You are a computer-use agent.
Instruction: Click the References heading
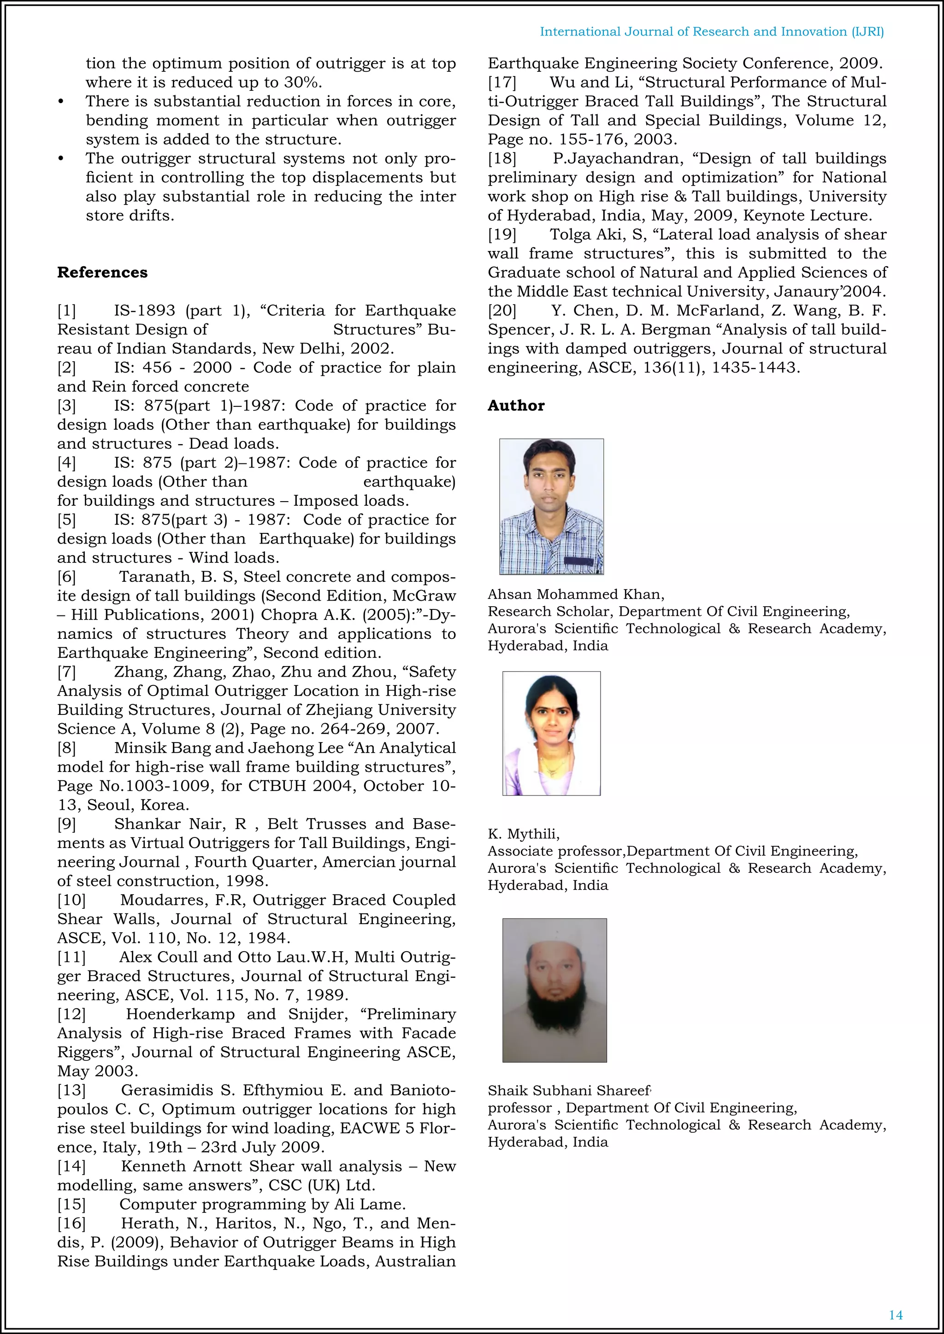(102, 273)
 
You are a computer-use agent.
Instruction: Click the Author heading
(516, 405)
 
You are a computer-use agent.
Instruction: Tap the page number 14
(896, 1315)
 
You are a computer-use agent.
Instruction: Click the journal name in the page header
(712, 32)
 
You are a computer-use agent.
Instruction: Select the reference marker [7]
(66, 672)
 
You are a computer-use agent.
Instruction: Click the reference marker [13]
(71, 1091)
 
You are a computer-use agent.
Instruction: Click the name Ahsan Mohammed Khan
(575, 594)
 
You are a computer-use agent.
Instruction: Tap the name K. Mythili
(523, 834)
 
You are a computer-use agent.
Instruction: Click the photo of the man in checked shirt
(551, 506)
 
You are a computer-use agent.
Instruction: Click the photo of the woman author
(551, 733)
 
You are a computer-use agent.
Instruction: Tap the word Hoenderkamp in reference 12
(180, 1014)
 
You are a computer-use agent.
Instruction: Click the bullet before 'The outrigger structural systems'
(61, 159)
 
